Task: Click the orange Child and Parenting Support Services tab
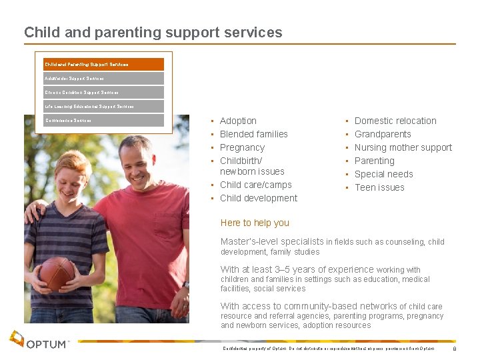point(103,65)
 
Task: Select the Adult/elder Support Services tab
point(103,79)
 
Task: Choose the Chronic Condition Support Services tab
point(103,93)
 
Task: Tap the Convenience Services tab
point(103,121)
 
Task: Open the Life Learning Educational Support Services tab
point(103,107)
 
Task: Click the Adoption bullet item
point(238,121)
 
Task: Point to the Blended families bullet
point(253,134)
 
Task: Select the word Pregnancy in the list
point(242,147)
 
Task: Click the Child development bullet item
point(259,198)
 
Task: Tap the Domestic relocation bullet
point(395,121)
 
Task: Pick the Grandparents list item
point(383,134)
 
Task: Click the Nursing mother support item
point(403,147)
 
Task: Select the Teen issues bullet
point(379,187)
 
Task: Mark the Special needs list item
point(383,174)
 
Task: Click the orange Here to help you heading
point(255,223)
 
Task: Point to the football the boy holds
point(56,273)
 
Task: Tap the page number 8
point(454,349)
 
